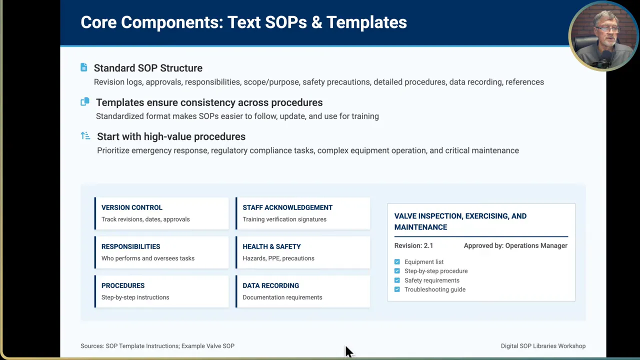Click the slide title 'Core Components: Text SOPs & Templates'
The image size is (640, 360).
(243, 22)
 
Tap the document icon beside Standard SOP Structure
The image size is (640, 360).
(84, 67)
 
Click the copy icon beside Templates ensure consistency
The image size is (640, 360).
(85, 102)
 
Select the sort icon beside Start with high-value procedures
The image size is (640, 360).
(85, 136)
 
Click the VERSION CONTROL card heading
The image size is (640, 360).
(132, 207)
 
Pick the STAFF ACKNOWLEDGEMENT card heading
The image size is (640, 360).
(287, 207)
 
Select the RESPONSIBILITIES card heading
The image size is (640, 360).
(131, 246)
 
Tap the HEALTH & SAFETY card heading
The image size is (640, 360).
(271, 246)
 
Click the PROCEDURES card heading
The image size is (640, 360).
(123, 285)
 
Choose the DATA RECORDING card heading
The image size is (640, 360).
(270, 285)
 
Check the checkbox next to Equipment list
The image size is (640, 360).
(397, 262)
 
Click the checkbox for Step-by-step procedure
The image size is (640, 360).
(397, 271)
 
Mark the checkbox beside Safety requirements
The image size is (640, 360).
(397, 280)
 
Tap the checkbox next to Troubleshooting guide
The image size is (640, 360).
(397, 289)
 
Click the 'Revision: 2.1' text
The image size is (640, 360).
(413, 245)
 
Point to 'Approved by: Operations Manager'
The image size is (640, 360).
(515, 245)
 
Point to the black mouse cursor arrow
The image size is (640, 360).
(348, 351)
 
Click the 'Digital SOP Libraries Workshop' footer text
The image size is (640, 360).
(543, 346)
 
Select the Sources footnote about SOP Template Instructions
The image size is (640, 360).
(157, 346)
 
